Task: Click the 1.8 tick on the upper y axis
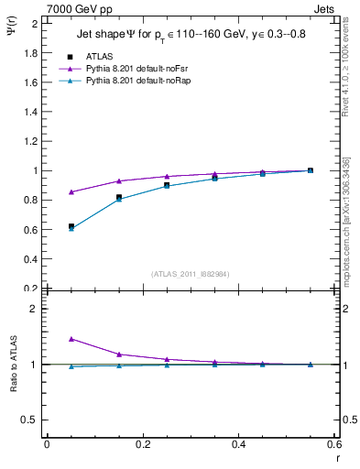tap(30, 52)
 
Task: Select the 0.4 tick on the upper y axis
tap(30, 258)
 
